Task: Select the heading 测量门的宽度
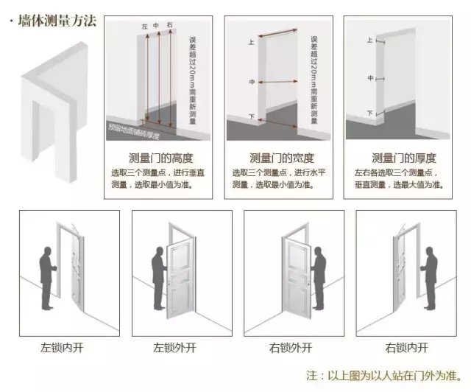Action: [283, 158]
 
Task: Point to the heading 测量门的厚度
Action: [403, 158]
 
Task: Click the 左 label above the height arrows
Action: [145, 27]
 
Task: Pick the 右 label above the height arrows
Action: [169, 27]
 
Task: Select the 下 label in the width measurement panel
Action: [252, 116]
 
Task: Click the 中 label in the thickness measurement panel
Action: [371, 77]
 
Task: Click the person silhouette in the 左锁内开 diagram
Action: [46, 277]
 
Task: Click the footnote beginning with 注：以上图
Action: [383, 375]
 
